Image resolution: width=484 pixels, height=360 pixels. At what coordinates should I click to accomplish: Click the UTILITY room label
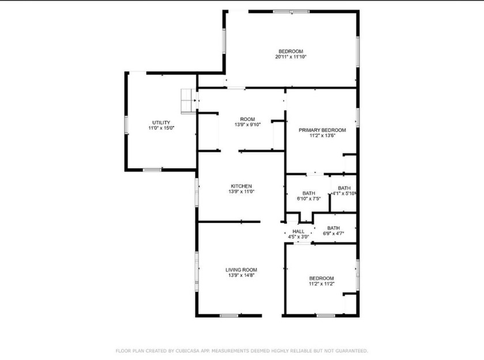pyautogui.click(x=161, y=123)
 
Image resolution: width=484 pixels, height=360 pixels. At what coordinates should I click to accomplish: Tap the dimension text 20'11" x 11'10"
pyautogui.click(x=291, y=57)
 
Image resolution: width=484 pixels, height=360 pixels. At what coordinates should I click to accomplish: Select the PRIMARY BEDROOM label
pyautogui.click(x=322, y=130)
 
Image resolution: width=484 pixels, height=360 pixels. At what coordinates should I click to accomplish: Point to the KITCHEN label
pyautogui.click(x=241, y=186)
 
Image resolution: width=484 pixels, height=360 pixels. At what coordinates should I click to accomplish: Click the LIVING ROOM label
pyautogui.click(x=241, y=270)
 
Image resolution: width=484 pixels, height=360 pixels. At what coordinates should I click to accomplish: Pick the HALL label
pyautogui.click(x=298, y=232)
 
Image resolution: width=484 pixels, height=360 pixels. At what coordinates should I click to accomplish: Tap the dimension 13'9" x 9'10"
pyautogui.click(x=248, y=124)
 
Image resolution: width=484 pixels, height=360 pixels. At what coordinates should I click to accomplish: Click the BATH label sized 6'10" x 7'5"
pyautogui.click(x=309, y=193)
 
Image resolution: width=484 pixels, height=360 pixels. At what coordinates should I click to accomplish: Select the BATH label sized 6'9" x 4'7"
pyautogui.click(x=334, y=228)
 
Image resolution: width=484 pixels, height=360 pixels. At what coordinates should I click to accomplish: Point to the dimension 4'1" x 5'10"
pyautogui.click(x=344, y=194)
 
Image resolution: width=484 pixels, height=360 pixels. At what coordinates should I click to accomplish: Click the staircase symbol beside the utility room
pyautogui.click(x=188, y=101)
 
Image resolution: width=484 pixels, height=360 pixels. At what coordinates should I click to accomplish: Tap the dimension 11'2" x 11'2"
pyautogui.click(x=322, y=283)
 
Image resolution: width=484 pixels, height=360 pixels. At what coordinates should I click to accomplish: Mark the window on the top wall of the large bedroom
pyautogui.click(x=292, y=12)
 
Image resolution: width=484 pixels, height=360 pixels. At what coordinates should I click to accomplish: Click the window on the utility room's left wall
pyautogui.click(x=126, y=124)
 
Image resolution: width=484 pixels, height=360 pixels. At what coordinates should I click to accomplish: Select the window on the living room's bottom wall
pyautogui.click(x=229, y=316)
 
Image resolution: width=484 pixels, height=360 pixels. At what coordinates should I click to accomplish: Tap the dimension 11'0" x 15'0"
pyautogui.click(x=161, y=128)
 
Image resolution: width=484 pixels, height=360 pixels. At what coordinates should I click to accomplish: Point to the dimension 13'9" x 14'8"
pyautogui.click(x=241, y=275)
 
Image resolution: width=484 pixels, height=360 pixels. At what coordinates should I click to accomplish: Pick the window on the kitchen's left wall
pyautogui.click(x=196, y=192)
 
